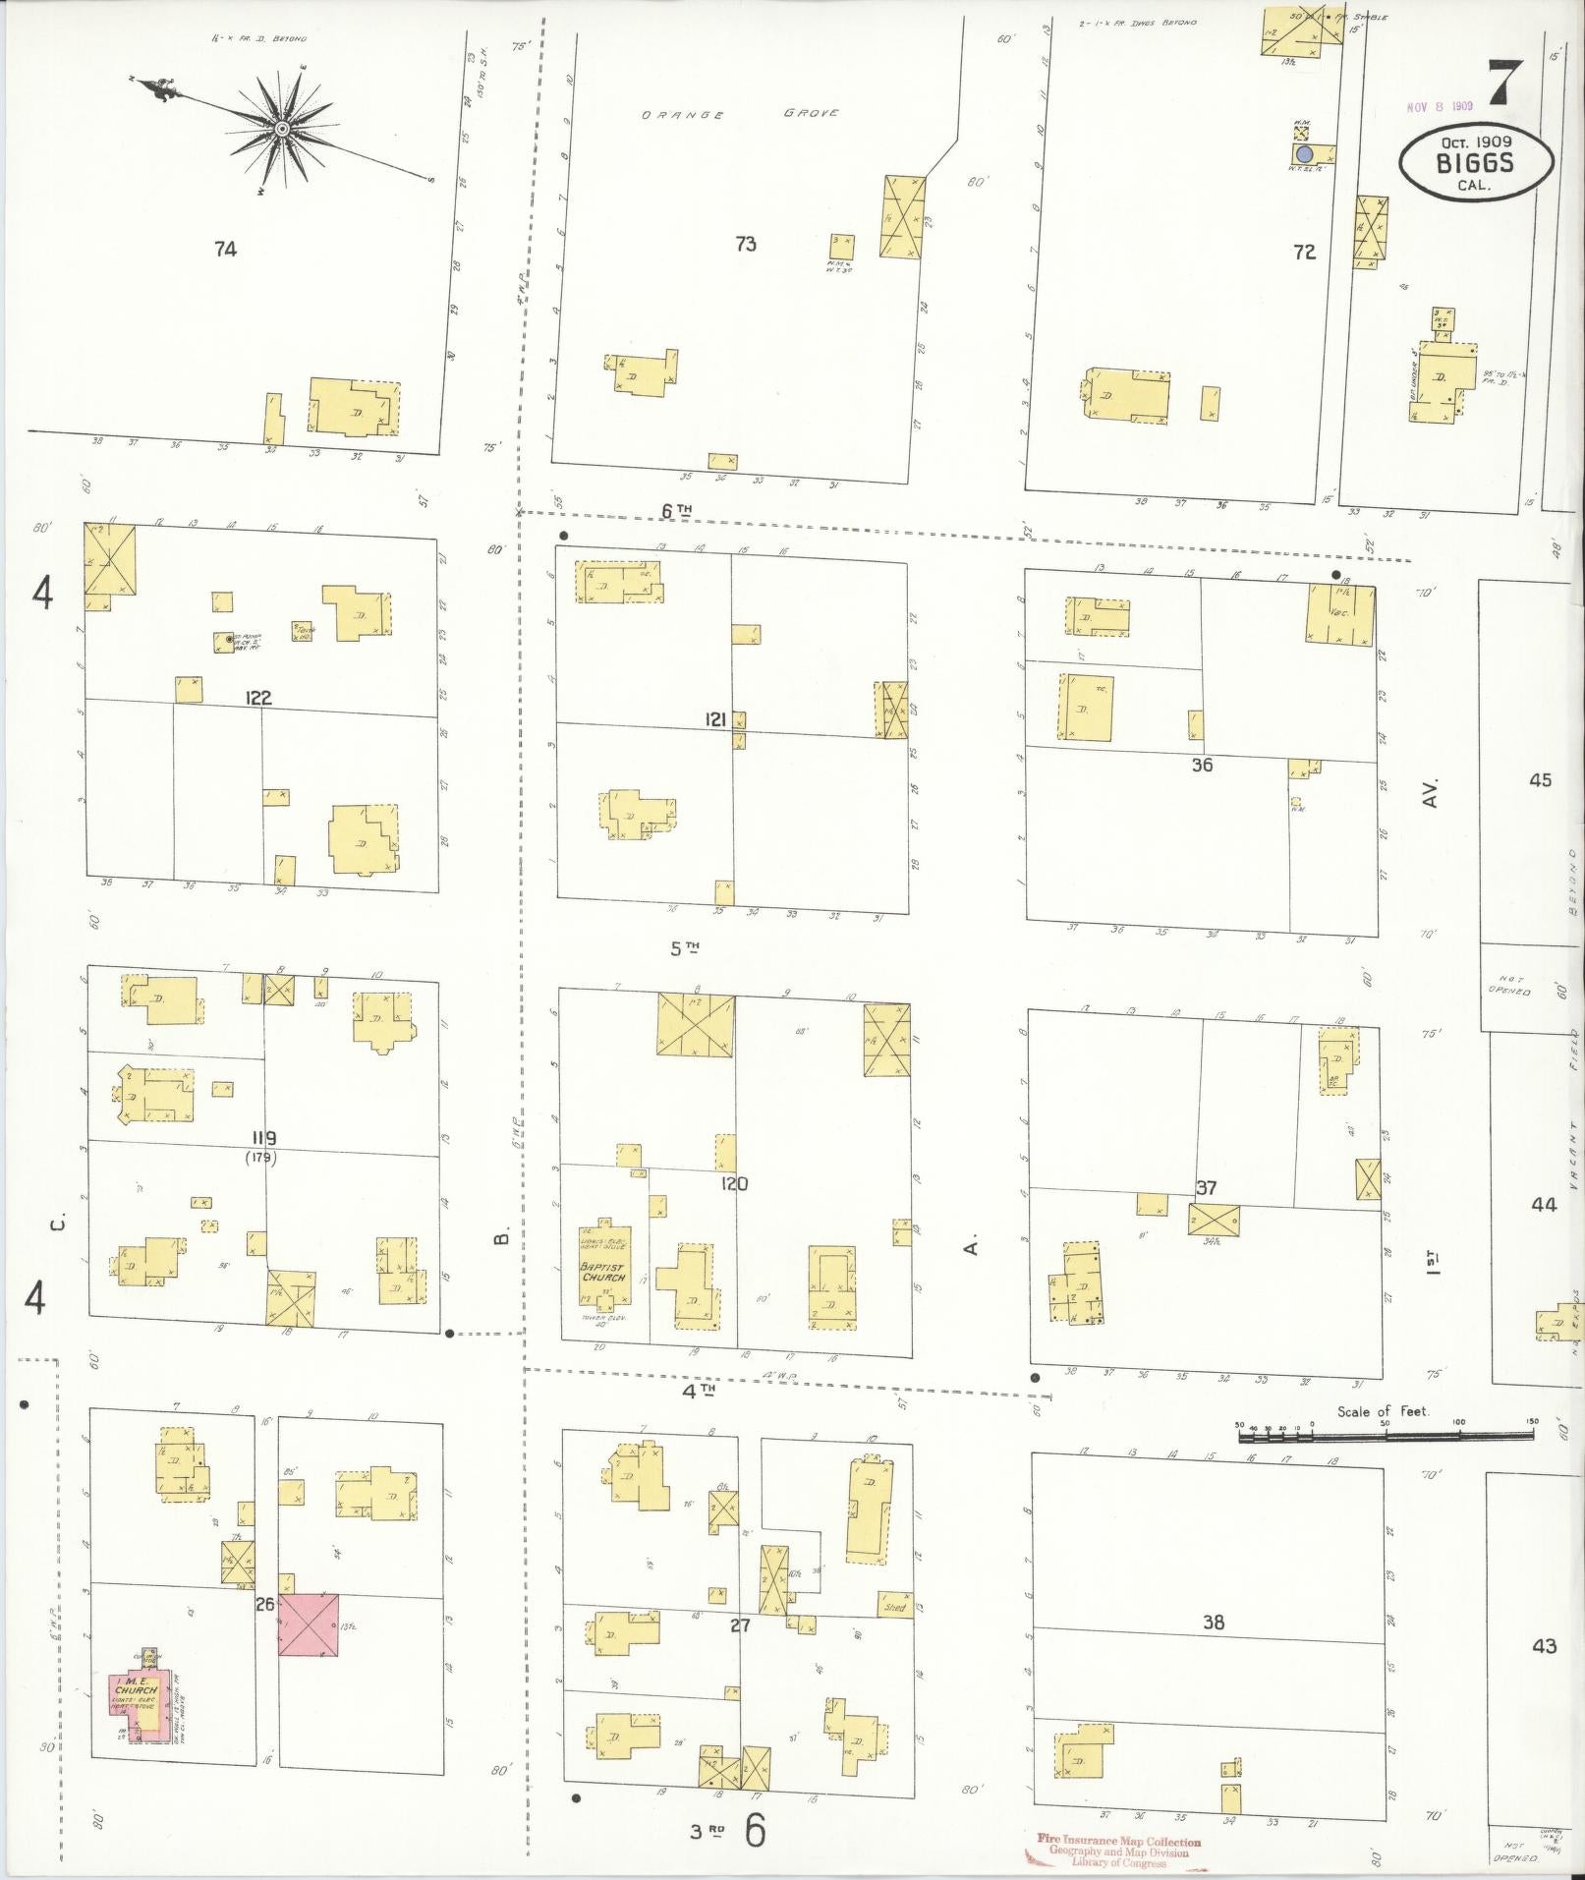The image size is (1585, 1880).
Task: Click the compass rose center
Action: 282,129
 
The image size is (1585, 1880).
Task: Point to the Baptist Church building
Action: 603,1267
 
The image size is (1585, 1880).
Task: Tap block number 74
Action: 225,250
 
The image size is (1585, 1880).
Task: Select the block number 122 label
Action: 258,698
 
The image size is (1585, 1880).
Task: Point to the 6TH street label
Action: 676,509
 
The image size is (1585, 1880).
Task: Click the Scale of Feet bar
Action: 1386,1436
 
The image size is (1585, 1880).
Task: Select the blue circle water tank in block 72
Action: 1304,154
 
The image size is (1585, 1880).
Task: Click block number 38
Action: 1214,1622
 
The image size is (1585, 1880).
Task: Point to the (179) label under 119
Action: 261,1158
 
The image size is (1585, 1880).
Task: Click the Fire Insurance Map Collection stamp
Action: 1118,1851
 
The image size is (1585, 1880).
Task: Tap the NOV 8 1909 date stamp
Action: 1439,106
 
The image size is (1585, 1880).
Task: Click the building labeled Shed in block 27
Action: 893,1608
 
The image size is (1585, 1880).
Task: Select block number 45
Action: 1540,779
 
